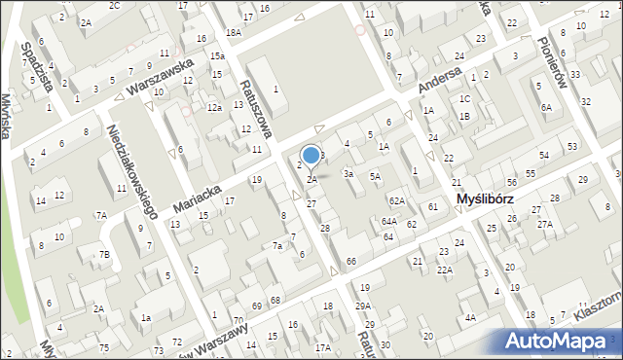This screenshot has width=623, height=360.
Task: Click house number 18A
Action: [233, 32]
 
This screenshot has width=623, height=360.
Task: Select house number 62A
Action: [396, 200]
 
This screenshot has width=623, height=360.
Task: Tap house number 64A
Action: [388, 222]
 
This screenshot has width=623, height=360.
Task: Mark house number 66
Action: [350, 263]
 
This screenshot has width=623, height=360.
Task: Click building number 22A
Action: [444, 270]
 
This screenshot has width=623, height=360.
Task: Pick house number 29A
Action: [362, 306]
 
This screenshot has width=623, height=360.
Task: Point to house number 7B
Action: [103, 256]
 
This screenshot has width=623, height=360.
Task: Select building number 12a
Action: [214, 107]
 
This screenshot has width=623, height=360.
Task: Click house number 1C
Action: [464, 99]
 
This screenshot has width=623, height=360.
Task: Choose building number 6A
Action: [547, 108]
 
